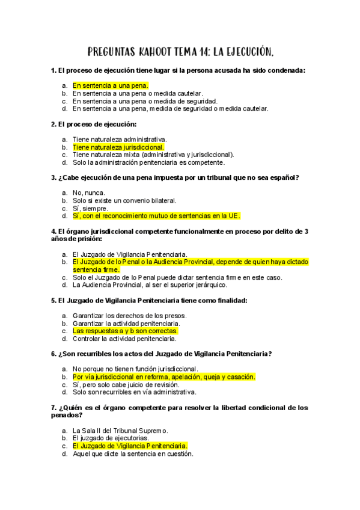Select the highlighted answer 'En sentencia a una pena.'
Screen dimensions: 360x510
(111, 86)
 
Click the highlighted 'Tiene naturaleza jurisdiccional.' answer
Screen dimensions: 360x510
(118, 147)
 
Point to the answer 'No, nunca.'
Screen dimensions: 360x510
(88, 192)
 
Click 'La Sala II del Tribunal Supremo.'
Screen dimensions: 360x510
(120, 431)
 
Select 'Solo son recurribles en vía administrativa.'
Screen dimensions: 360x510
(134, 392)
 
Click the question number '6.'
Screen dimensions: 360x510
(53, 354)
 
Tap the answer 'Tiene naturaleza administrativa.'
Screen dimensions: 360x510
(120, 139)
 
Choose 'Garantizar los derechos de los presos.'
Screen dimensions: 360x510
(129, 315)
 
